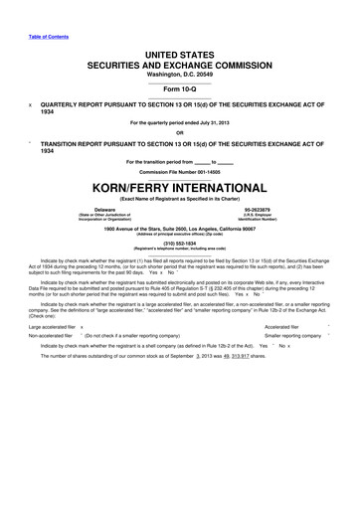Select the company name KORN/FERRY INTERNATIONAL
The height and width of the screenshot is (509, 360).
click(180, 187)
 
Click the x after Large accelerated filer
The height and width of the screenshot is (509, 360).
click(82, 324)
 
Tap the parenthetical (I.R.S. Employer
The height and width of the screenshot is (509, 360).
click(257, 216)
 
